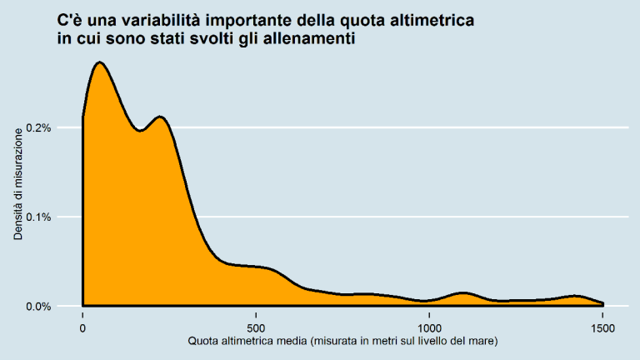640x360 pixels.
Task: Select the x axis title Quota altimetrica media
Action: [342, 342]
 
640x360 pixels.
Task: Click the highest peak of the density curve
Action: [99, 62]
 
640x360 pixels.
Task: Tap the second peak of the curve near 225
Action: [160, 117]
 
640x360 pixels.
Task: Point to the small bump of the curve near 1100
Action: [463, 292]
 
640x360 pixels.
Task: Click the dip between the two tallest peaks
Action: [140, 131]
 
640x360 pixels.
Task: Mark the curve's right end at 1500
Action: [602, 303]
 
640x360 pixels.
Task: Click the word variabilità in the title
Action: [176, 20]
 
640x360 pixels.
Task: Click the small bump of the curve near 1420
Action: [575, 296]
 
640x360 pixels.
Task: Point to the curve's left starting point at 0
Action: [83, 117]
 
